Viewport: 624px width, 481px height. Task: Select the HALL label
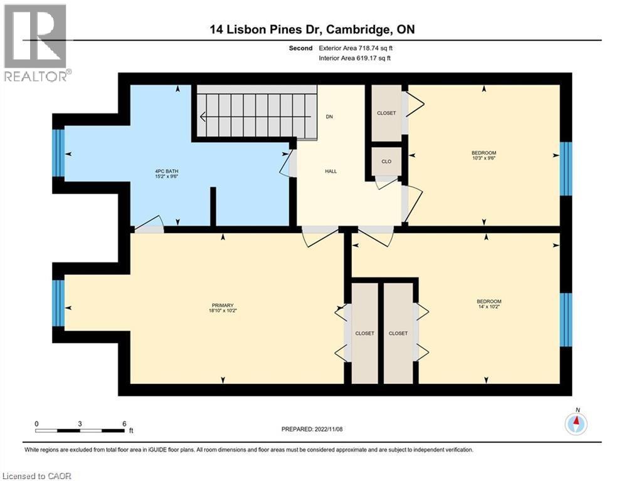coord(332,171)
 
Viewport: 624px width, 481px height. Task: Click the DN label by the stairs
coord(329,116)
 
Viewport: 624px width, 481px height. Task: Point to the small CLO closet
coord(386,162)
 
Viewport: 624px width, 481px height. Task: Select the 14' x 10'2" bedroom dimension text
coord(489,307)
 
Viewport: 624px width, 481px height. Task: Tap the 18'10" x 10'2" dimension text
coord(223,310)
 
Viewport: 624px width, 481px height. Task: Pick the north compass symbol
coord(575,424)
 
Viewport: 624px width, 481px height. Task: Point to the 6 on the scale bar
coord(124,423)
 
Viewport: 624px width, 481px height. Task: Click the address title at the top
coord(312,29)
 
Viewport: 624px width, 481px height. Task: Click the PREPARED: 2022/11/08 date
coord(312,429)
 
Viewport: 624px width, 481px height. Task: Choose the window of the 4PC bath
coord(58,153)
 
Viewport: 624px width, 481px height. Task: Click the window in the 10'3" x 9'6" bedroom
coord(566,168)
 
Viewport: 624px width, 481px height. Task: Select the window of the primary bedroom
coord(58,304)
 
